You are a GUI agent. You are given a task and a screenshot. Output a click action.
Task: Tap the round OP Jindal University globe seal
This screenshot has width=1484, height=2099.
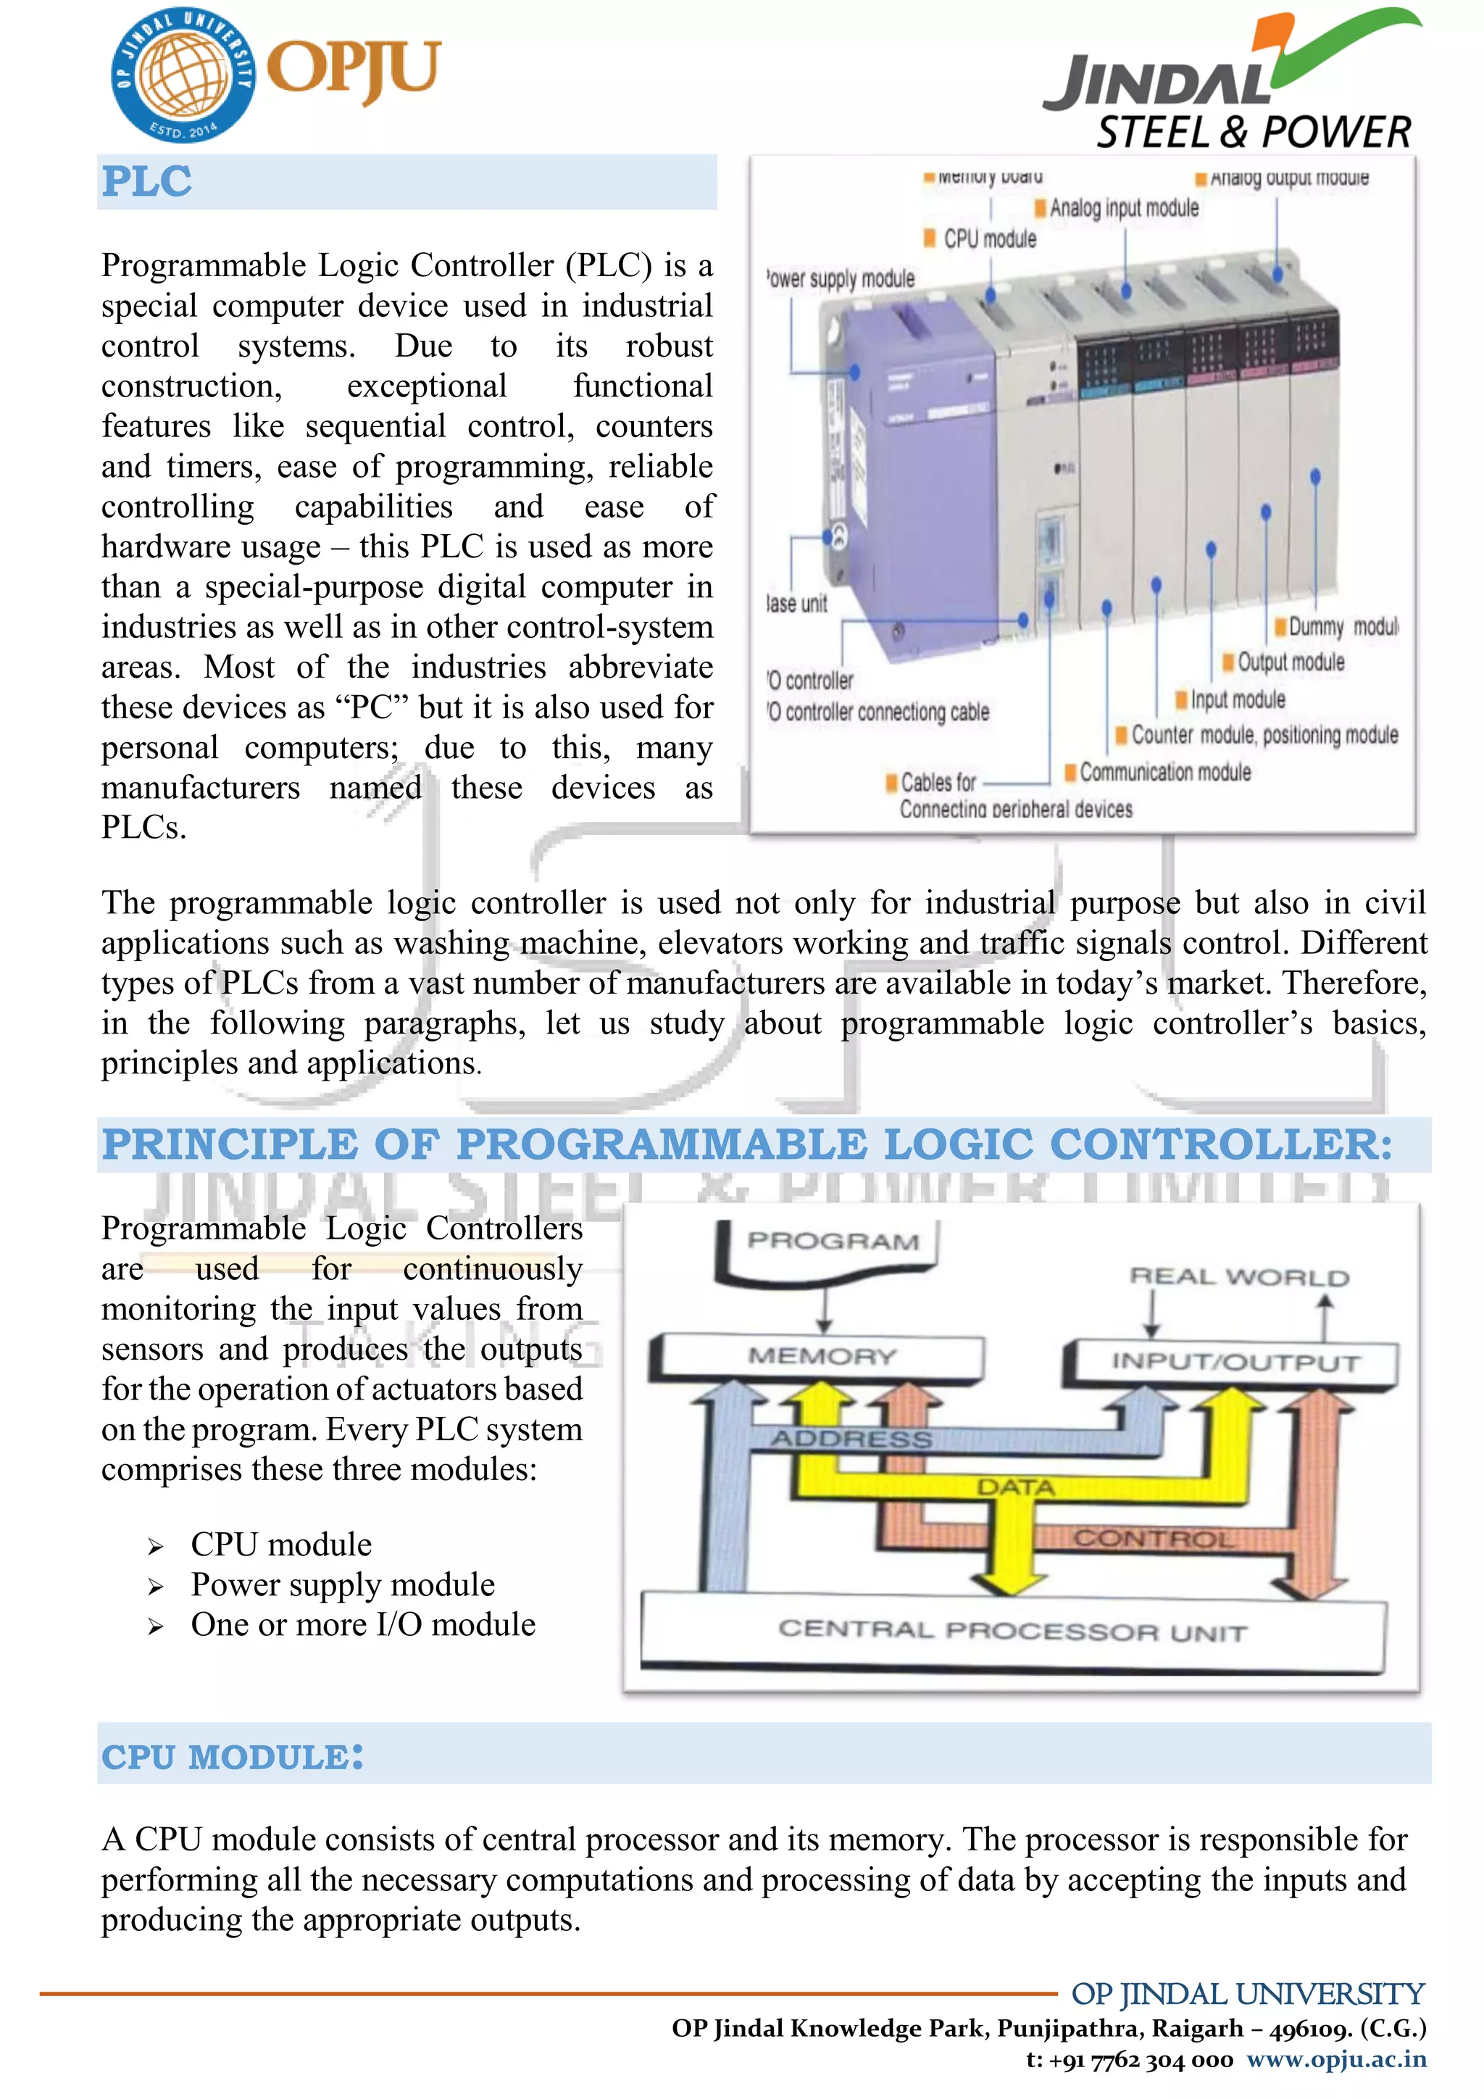[x=183, y=75]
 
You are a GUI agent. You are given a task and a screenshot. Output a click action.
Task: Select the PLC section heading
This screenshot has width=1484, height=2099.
[x=147, y=182]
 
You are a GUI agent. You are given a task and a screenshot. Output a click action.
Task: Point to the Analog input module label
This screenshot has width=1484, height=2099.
[x=1123, y=209]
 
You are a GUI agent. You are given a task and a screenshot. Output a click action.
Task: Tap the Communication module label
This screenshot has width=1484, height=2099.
[x=1164, y=773]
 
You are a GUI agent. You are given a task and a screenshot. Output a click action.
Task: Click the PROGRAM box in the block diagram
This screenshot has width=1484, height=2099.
[x=832, y=1242]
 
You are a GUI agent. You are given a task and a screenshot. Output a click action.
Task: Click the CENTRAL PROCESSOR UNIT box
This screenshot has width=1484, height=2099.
[x=1012, y=1631]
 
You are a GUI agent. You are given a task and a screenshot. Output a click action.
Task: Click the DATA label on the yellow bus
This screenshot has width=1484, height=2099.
[x=1015, y=1487]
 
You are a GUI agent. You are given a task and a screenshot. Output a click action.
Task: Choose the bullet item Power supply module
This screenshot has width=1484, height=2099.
[x=343, y=1584]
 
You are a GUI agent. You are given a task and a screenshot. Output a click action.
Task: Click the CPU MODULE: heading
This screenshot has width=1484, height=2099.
[x=232, y=1756]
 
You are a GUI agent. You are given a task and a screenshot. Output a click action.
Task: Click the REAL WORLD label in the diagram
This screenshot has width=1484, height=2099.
[x=1238, y=1277]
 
